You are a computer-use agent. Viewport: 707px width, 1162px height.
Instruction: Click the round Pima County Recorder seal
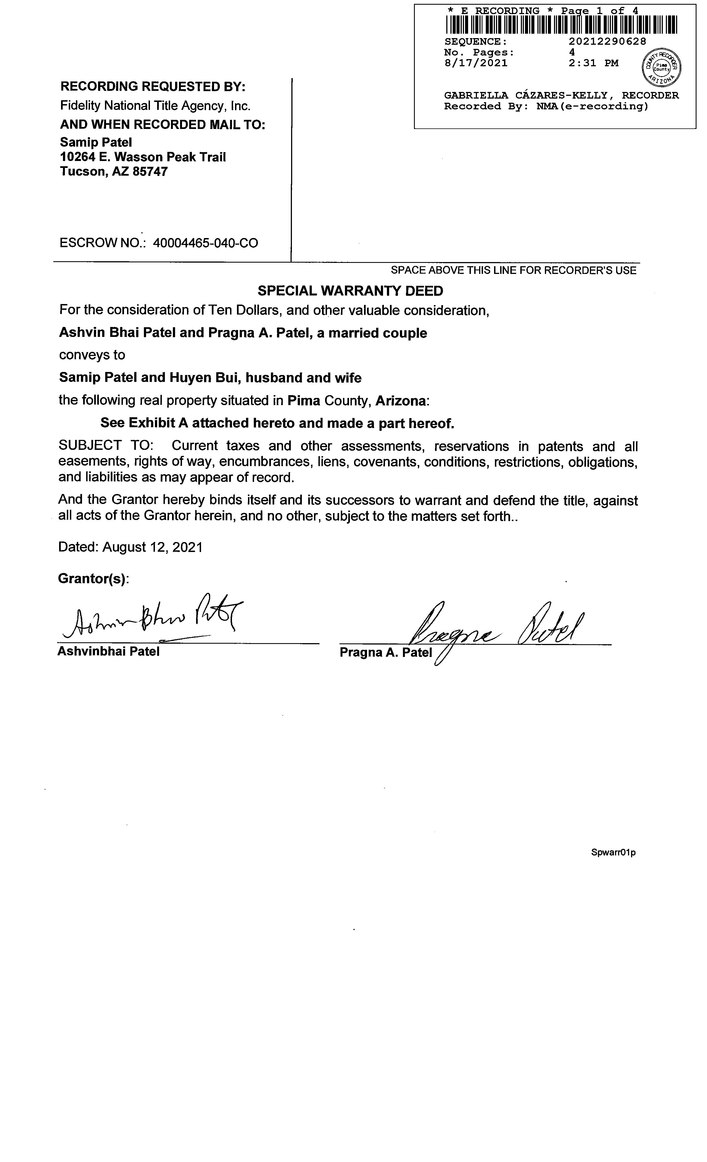[x=662, y=67]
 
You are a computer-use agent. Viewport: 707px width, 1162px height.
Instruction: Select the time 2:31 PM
[x=593, y=63]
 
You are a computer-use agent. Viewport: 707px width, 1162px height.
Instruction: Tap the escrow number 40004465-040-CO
[x=206, y=243]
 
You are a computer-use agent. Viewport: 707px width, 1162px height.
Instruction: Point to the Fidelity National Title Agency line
[x=155, y=106]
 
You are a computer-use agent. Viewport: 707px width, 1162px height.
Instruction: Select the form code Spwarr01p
[x=613, y=853]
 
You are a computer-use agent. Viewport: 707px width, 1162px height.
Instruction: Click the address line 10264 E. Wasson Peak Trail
[x=143, y=157]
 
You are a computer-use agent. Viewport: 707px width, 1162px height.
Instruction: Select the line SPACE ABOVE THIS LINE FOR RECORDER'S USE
[x=514, y=270]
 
